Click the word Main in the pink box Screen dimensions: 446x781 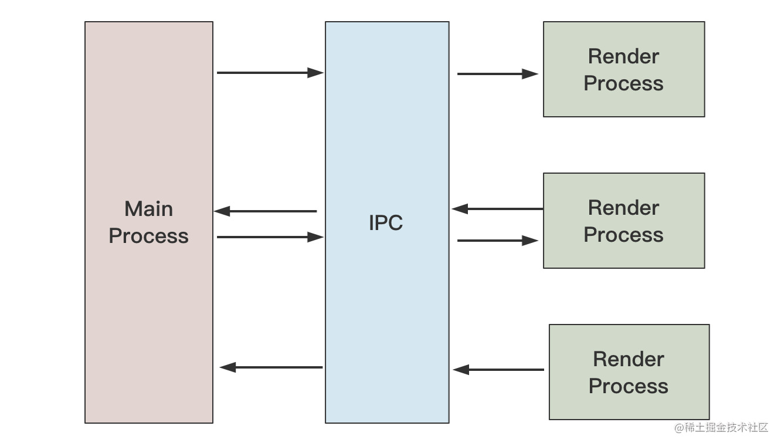click(x=148, y=209)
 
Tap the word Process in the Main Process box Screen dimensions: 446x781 click(x=148, y=236)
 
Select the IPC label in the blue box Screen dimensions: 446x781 click(x=386, y=223)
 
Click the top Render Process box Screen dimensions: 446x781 click(x=623, y=69)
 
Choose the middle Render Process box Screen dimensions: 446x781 click(x=623, y=221)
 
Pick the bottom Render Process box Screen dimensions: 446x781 click(x=629, y=372)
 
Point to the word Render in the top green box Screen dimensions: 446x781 click(x=623, y=56)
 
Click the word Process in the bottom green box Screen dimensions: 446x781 click(x=629, y=386)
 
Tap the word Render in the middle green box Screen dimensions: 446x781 click(x=623, y=208)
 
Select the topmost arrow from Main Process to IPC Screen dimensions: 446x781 click(x=270, y=73)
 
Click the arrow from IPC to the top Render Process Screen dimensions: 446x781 click(x=497, y=74)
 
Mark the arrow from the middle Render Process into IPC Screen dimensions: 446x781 click(x=497, y=208)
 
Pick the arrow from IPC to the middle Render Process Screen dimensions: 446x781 click(x=497, y=240)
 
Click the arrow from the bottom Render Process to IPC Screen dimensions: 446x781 click(x=498, y=370)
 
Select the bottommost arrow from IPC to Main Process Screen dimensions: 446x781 click(x=271, y=367)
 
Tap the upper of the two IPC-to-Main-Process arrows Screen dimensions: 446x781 click(x=266, y=211)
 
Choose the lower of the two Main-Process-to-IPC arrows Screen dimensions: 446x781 click(x=270, y=237)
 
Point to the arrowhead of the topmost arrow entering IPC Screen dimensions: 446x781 click(x=317, y=73)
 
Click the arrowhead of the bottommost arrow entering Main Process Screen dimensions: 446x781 click(x=227, y=367)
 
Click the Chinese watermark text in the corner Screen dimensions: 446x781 click(x=721, y=427)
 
